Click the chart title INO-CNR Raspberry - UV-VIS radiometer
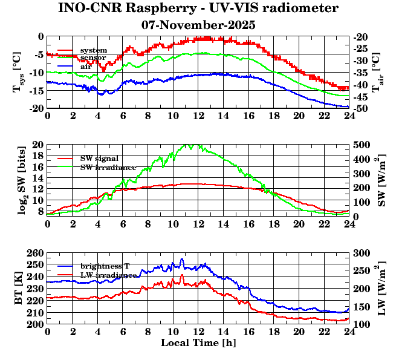pyautogui.click(x=198, y=9)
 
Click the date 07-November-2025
pyautogui.click(x=198, y=25)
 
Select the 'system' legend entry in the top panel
pyautogui.click(x=94, y=50)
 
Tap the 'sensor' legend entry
pyautogui.click(x=94, y=57)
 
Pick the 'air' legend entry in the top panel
pyautogui.click(x=86, y=65)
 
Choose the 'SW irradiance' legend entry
pyautogui.click(x=108, y=167)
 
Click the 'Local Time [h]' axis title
pyautogui.click(x=198, y=343)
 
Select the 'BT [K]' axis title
pyautogui.click(x=18, y=294)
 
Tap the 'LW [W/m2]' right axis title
pyautogui.click(x=381, y=294)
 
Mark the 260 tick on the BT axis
pyautogui.click(x=36, y=253)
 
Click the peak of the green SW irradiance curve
pyautogui.click(x=192, y=145)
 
